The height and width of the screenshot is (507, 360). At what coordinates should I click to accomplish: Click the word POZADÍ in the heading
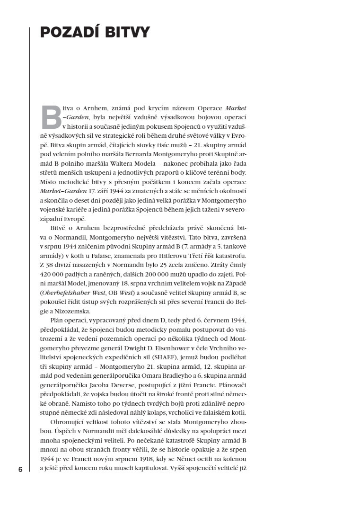[71, 33]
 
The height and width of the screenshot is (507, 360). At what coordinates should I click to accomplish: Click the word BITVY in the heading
[127, 33]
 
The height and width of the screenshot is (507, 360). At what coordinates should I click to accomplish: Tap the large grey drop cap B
[52, 117]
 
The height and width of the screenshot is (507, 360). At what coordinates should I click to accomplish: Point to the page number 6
[20, 470]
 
